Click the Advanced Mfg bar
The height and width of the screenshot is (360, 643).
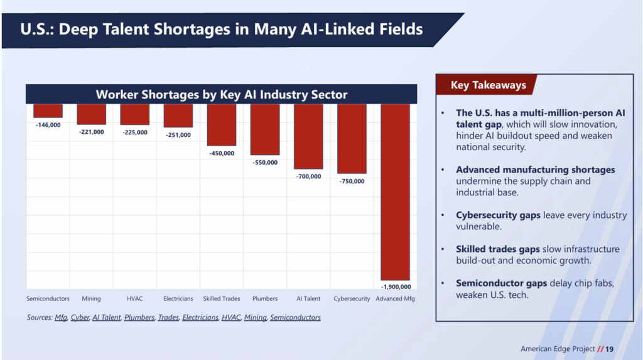[x=396, y=192]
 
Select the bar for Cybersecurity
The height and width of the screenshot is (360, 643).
[x=352, y=138]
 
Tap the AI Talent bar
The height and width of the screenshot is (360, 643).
[x=308, y=136]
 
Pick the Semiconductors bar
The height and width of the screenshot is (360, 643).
[x=48, y=111]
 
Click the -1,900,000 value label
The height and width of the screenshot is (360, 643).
[x=396, y=286]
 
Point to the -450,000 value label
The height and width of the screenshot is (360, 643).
[x=221, y=153]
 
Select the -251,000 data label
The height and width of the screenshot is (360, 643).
[x=178, y=134]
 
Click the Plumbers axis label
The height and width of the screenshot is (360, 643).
[x=264, y=298]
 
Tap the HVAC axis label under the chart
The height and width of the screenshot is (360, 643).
[x=135, y=298]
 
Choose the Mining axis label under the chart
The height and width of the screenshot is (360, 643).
[x=91, y=298]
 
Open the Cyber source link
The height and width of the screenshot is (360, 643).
[x=79, y=317]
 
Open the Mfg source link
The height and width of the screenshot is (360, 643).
[x=61, y=317]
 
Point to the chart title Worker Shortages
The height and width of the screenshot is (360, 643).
[x=221, y=94]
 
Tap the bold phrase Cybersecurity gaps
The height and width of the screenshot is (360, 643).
[x=498, y=215]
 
